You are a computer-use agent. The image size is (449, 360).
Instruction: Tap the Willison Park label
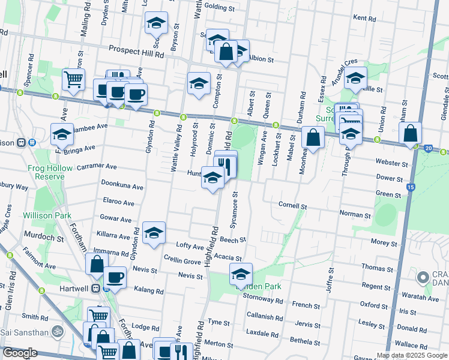(47, 215)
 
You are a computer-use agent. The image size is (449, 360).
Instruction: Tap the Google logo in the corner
(20, 353)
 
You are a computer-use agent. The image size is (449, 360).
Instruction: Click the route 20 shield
(428, 148)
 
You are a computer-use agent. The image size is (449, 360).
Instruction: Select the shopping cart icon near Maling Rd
(73, 79)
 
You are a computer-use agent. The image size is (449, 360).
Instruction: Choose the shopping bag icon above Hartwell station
(97, 264)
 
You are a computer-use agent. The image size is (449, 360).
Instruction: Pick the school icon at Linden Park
(241, 274)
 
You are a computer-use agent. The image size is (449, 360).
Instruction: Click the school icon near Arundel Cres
(355, 79)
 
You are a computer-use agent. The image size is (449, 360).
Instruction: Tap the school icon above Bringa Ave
(62, 136)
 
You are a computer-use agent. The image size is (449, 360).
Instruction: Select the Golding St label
(219, 8)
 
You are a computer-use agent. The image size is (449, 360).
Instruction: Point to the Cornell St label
(292, 205)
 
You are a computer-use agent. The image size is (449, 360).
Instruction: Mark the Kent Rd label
(364, 18)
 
